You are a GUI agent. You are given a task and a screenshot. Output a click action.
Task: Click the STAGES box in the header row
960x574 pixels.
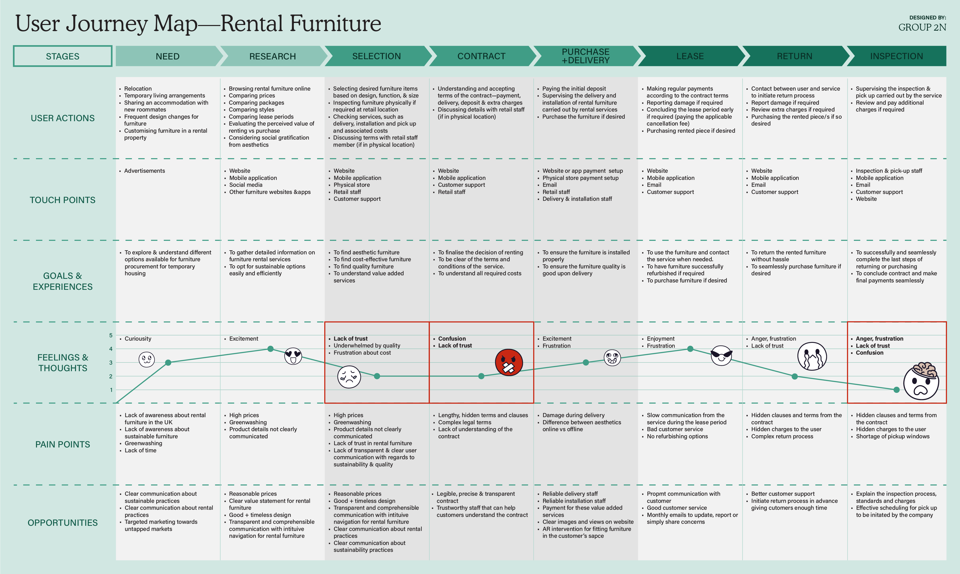tap(63, 56)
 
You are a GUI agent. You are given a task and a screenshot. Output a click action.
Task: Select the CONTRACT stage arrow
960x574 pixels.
tap(481, 56)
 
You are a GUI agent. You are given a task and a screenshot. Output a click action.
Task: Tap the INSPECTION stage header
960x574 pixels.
tap(896, 56)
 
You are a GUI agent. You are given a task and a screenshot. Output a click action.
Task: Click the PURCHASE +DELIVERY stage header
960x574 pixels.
tap(585, 56)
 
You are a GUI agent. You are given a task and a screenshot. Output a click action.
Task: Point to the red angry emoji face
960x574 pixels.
tap(509, 363)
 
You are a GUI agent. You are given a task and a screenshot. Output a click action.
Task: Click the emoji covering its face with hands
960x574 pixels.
tap(812, 356)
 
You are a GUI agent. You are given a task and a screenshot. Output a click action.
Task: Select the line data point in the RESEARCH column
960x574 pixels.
tap(270, 349)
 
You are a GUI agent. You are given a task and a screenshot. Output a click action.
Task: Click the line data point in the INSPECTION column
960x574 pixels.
tap(896, 390)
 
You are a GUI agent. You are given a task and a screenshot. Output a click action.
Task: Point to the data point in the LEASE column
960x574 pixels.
tap(690, 349)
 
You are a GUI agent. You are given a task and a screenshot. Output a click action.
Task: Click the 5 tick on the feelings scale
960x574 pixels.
tap(111, 335)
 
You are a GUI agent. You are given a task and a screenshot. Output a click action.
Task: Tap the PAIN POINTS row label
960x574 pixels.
tap(63, 444)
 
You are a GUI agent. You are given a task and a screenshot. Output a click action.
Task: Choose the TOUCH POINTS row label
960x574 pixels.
tap(63, 200)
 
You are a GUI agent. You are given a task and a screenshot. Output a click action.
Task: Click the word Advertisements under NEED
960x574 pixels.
tap(144, 171)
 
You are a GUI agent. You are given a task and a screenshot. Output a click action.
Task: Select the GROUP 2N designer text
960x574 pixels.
tap(922, 28)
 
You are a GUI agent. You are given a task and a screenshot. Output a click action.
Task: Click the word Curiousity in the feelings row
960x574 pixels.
tap(138, 339)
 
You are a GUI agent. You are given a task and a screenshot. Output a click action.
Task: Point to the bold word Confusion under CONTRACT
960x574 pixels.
tap(452, 339)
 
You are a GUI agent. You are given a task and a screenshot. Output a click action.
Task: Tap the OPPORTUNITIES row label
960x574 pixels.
tap(63, 522)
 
